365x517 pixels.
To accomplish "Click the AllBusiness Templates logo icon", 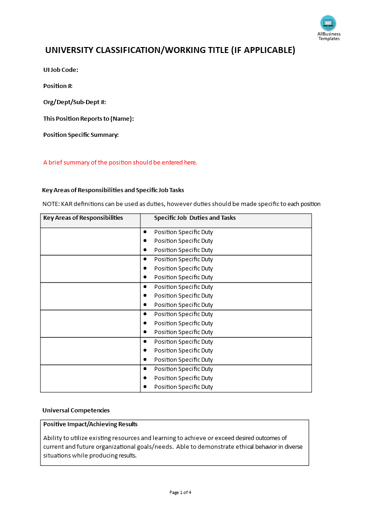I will click(328, 23).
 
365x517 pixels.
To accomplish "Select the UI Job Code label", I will click(61, 70).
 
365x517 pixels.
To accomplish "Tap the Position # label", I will click(58, 86).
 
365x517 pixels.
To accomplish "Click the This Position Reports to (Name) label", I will click(88, 118).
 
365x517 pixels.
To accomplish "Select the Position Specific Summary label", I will click(81, 135).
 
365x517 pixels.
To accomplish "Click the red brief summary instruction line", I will click(120, 162).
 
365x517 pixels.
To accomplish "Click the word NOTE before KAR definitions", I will click(50, 204).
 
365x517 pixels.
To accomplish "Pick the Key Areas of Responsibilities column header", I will click(83, 218).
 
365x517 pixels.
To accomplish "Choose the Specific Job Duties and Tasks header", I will click(195, 218).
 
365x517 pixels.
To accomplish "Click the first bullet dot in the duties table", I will click(145, 232).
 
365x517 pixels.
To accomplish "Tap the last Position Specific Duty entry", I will click(183, 387).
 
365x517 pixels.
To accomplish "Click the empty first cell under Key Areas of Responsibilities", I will click(90, 241).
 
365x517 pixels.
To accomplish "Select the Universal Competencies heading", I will click(76, 410).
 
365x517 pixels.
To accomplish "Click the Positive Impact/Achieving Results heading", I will click(90, 424).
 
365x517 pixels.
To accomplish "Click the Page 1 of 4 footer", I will click(180, 492).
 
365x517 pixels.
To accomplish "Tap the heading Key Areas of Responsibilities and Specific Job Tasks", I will click(113, 190).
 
